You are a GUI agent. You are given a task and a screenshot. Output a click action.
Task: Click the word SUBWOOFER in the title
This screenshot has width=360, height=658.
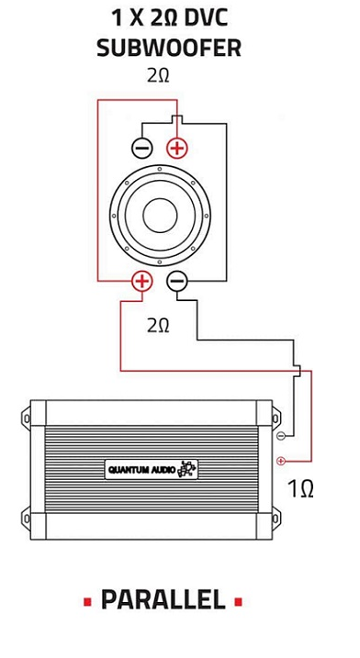pyautogui.click(x=169, y=48)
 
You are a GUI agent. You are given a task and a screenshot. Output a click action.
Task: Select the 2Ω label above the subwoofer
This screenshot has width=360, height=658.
pyautogui.click(x=158, y=75)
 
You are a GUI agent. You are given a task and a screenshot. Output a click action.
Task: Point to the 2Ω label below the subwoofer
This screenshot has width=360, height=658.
pyautogui.click(x=158, y=326)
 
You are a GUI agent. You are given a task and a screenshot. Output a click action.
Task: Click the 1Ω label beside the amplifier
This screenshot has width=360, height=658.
pyautogui.click(x=301, y=489)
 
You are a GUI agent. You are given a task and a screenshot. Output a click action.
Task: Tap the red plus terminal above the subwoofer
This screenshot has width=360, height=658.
pyautogui.click(x=177, y=148)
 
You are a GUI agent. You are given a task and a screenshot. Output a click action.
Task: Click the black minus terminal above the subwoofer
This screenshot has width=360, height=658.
pyautogui.click(x=142, y=148)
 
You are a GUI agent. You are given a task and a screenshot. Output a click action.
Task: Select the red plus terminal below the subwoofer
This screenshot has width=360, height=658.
pyautogui.click(x=142, y=281)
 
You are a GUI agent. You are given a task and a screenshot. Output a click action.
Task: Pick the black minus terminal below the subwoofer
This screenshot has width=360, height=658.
pyautogui.click(x=177, y=281)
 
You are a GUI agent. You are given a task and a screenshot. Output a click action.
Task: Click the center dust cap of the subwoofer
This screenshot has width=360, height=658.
pyautogui.click(x=160, y=216)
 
